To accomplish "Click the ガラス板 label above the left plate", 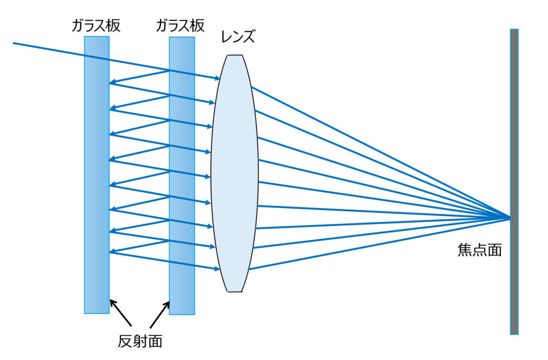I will point(96,26).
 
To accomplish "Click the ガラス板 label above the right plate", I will point(181,26).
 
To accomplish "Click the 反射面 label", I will point(140,341).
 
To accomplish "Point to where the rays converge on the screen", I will point(509,218).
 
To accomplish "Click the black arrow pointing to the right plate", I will point(160,313).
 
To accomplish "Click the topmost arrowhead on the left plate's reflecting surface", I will point(112,83).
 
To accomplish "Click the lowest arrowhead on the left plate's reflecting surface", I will point(112,251).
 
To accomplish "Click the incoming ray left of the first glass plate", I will point(48,49).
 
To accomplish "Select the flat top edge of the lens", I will point(234,55).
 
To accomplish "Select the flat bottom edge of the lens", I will point(234,292).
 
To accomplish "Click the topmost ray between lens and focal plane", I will point(375,150).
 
